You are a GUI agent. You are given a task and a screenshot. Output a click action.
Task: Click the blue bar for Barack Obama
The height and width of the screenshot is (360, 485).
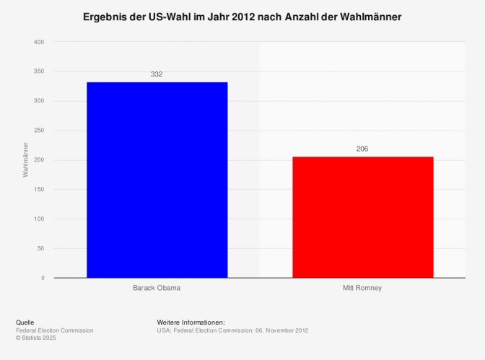(157, 180)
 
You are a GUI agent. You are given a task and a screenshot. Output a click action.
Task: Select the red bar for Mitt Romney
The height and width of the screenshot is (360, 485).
(362, 217)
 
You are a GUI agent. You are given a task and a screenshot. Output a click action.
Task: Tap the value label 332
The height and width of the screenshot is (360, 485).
(157, 74)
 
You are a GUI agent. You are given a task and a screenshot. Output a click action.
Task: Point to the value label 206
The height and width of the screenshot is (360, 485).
(362, 149)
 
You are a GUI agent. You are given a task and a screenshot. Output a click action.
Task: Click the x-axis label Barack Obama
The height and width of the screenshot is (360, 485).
(157, 288)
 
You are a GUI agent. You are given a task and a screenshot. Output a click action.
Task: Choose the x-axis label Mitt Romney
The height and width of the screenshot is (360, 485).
(362, 288)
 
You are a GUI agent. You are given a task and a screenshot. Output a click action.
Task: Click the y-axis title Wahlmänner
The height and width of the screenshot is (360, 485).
(25, 159)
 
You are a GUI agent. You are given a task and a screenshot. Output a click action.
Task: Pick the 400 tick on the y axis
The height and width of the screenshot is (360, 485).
(39, 42)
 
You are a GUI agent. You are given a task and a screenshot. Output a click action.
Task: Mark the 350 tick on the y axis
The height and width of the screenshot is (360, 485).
(39, 71)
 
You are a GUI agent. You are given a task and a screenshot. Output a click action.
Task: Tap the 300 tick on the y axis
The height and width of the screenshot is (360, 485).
(39, 101)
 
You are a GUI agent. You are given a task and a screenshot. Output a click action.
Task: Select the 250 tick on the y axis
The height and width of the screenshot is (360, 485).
(39, 131)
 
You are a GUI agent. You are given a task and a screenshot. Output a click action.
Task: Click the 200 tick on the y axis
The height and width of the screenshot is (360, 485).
(39, 160)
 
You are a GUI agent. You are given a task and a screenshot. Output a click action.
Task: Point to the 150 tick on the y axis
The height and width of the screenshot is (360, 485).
(39, 190)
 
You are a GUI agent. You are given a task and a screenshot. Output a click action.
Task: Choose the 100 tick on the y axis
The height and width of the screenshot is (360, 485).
(39, 219)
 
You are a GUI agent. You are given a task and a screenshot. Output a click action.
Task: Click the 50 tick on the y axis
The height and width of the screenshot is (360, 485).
(40, 249)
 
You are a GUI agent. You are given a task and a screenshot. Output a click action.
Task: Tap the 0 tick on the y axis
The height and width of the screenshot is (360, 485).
(43, 278)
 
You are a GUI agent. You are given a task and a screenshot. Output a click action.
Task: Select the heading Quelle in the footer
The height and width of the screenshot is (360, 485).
(25, 322)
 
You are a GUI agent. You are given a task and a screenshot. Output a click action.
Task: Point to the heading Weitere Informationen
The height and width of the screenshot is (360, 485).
(191, 322)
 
